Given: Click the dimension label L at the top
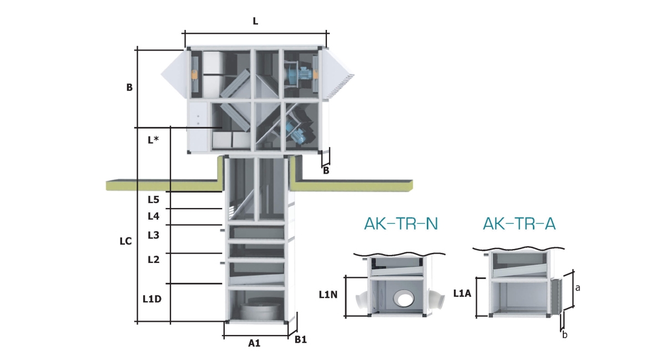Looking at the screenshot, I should point(255,21).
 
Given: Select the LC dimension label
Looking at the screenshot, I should point(126,241).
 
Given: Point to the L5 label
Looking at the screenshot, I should point(154,199).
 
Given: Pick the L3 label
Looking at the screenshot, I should point(154,235).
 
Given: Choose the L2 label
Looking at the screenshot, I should point(154,259).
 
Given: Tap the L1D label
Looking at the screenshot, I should point(152,300).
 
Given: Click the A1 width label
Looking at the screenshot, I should point(254,343).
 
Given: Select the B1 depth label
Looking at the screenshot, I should point(300,339).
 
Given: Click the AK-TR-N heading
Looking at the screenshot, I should point(401,224).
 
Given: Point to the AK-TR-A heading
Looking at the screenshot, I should point(519,224).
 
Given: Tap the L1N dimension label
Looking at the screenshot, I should point(329,295).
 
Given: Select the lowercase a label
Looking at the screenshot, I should point(578,288).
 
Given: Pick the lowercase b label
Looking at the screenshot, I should point(565,334).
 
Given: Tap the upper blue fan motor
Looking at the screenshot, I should point(301,73).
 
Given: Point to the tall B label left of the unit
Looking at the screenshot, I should point(129,88).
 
